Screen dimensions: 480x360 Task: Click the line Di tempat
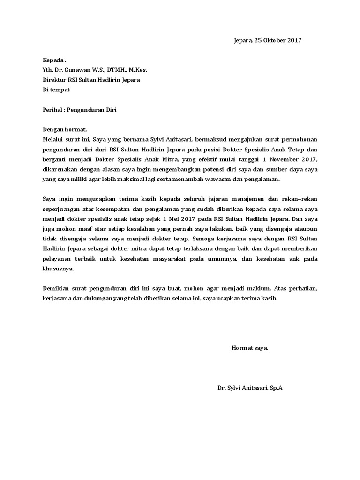[x=56, y=90]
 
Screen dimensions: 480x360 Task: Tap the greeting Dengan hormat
[x=65, y=129]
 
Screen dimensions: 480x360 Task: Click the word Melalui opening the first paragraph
[x=54, y=139]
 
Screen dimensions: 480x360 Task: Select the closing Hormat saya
[x=249, y=348]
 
